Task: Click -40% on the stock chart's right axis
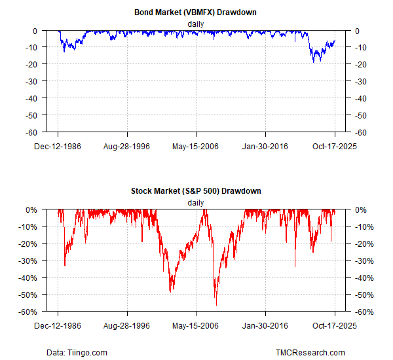click(364, 278)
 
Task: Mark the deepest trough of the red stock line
click(216, 305)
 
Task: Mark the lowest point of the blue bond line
click(314, 62)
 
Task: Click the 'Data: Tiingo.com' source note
click(77, 353)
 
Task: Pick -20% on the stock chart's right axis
click(364, 243)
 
